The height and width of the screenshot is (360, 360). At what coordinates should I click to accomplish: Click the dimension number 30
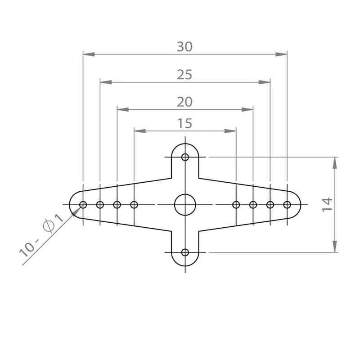[184, 47]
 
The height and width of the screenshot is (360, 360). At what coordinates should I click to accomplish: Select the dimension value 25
[184, 74]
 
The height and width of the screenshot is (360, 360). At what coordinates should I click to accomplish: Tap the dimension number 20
[184, 102]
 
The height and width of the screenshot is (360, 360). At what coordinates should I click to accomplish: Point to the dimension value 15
[184, 123]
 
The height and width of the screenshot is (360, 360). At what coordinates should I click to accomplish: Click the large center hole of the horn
[185, 205]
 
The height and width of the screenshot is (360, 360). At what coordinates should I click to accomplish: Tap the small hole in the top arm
[185, 157]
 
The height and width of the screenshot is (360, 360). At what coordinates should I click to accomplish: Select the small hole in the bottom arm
[185, 252]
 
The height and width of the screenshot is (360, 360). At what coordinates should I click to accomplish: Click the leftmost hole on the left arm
[83, 205]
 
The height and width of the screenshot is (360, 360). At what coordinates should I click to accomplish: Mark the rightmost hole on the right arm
[287, 205]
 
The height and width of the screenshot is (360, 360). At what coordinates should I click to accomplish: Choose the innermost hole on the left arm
[134, 205]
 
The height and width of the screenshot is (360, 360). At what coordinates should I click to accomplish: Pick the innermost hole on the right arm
[236, 205]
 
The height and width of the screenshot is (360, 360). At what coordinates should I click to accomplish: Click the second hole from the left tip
[100, 205]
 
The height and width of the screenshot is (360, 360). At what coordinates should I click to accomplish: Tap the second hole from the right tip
[270, 205]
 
